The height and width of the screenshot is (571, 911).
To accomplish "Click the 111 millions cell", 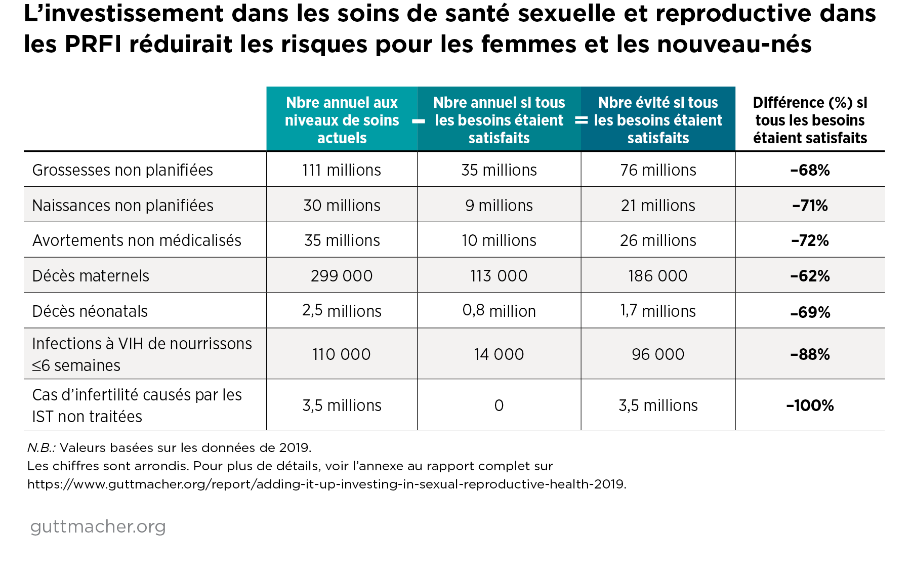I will (342, 170).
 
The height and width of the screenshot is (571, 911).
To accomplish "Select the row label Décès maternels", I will (91, 276).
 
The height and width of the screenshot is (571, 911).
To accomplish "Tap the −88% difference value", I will (810, 354).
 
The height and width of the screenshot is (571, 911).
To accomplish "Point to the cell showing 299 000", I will (342, 276).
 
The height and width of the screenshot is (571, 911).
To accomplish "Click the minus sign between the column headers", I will (418, 121).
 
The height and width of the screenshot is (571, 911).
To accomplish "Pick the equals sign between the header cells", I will (581, 120).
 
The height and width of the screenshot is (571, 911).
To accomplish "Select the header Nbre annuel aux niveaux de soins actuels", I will (342, 120).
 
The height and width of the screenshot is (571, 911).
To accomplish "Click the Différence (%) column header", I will (810, 120).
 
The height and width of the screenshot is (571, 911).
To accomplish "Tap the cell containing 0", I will (499, 405).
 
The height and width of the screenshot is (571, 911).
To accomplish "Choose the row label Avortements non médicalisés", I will (137, 240).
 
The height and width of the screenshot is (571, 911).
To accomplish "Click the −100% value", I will (810, 405).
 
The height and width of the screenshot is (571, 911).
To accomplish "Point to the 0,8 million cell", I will (499, 311).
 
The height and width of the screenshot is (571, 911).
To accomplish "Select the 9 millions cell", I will (499, 206).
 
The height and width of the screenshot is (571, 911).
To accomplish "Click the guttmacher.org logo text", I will (98, 526).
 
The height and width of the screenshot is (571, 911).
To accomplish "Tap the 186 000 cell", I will (657, 276).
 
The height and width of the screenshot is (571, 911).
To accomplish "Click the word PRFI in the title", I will (93, 44).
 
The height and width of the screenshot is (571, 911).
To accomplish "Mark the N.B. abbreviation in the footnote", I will (41, 447).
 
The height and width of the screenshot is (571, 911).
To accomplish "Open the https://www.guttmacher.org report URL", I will (326, 484).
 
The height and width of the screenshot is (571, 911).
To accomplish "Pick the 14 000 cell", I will (499, 354).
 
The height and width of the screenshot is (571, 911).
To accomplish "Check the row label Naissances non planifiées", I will (122, 206).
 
